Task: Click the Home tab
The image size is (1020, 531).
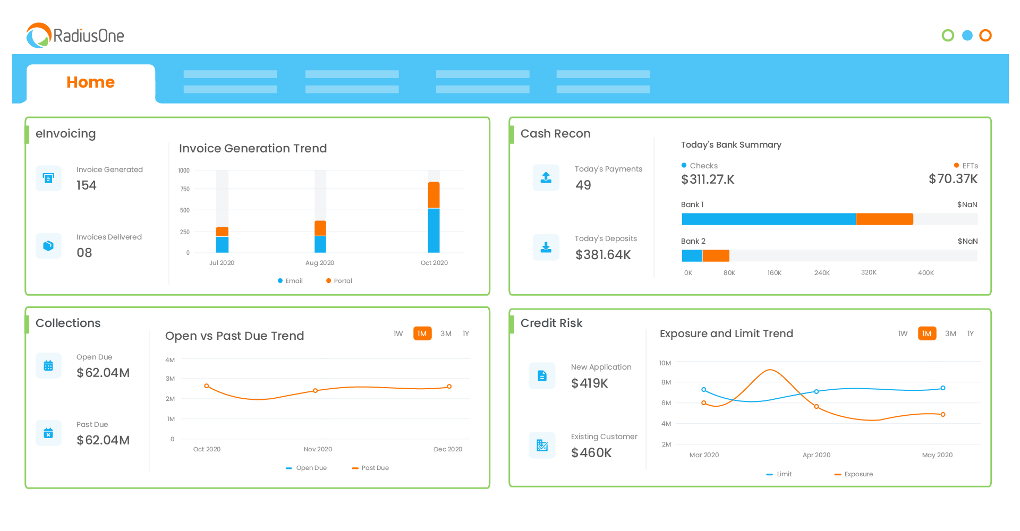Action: [91, 82]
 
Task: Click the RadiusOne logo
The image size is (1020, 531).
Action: [75, 36]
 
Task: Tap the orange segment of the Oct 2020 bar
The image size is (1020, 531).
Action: [433, 195]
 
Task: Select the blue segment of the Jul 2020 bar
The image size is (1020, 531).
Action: [222, 244]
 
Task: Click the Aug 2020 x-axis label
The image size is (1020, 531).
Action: [319, 263]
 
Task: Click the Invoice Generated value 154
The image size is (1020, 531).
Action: [87, 185]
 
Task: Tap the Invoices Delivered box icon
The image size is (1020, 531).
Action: [48, 246]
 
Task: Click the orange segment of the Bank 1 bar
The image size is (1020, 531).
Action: [884, 219]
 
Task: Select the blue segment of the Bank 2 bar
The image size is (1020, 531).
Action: [692, 256]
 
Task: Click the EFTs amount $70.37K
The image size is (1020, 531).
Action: [953, 179]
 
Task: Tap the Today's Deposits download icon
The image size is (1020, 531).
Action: [546, 247]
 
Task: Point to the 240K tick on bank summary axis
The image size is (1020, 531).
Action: [821, 273]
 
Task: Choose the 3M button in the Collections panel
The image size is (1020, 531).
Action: [446, 333]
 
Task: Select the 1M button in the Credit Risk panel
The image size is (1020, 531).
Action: [926, 333]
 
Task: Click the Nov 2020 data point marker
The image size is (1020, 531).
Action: [316, 391]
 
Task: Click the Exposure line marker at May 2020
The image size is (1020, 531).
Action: [943, 414]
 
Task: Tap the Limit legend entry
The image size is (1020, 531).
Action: [779, 474]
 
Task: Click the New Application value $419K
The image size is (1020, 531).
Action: [589, 383]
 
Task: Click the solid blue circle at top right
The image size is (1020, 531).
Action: [967, 36]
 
